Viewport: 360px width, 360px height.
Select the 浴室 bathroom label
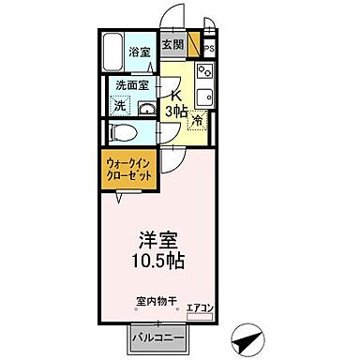coord(141,52)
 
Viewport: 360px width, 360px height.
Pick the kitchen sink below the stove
coord(204,97)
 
